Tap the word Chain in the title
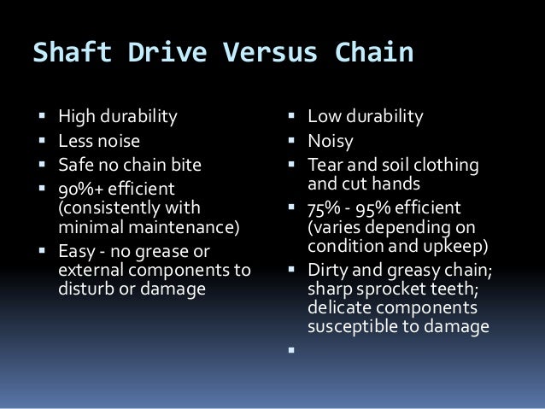[371, 53]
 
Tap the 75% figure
[328, 207]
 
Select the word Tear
[326, 165]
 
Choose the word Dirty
[331, 272]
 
